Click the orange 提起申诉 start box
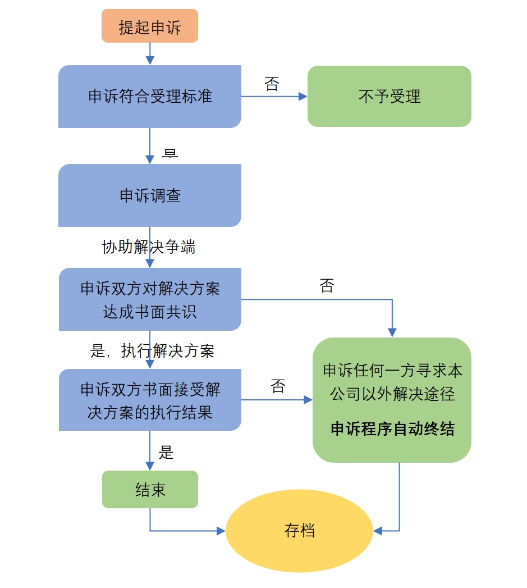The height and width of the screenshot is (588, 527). [x=150, y=26]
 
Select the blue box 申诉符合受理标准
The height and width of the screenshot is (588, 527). [x=150, y=97]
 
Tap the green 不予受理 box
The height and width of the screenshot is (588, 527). [x=389, y=97]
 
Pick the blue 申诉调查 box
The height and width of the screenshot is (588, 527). [x=150, y=195]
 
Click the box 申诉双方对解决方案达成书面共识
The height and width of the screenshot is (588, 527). [x=150, y=299]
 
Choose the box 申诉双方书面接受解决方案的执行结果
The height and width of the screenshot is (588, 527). [x=150, y=400]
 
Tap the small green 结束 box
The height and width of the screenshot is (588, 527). [x=150, y=490]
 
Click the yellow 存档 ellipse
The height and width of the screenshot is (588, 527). [x=299, y=531]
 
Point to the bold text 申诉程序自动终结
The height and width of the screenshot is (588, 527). [x=392, y=429]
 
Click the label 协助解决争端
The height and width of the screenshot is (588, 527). [x=149, y=247]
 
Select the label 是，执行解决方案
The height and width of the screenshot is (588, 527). [x=152, y=351]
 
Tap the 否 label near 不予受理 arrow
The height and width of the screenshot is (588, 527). [x=272, y=84]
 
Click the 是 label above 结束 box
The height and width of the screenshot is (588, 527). [x=166, y=452]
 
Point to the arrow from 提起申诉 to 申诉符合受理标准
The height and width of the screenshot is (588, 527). [x=150, y=54]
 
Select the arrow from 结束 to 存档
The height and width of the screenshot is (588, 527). [x=180, y=531]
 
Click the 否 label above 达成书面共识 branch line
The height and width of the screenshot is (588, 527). [x=327, y=286]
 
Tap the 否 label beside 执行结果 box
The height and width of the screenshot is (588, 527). [x=278, y=386]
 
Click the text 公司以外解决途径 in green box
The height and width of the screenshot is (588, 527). [x=392, y=394]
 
